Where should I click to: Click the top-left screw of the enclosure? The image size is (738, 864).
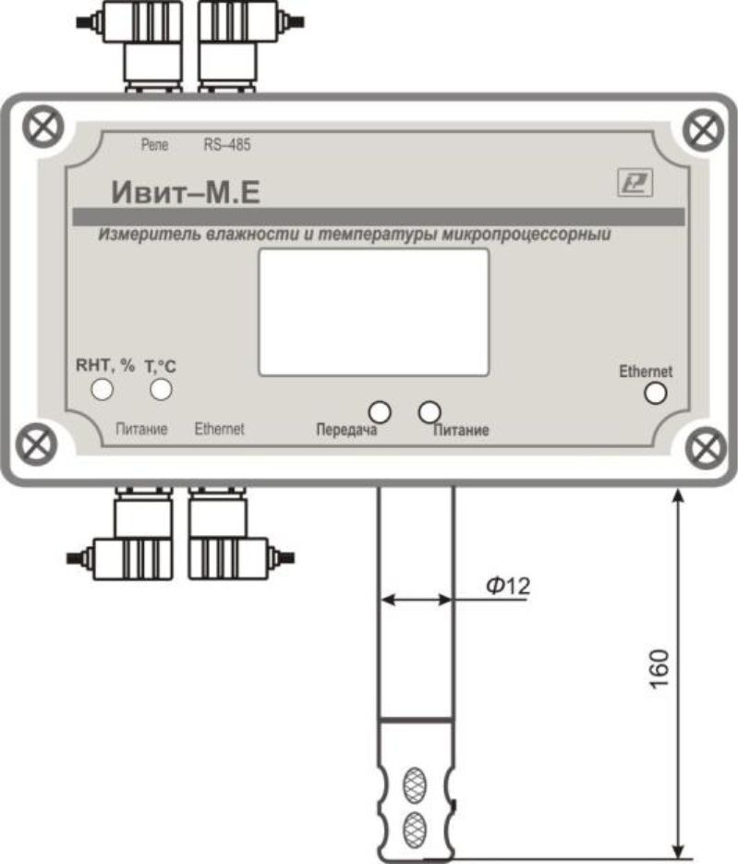click(43, 127)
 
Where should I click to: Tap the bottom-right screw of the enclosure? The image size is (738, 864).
click(708, 447)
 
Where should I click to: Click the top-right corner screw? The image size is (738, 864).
click(703, 130)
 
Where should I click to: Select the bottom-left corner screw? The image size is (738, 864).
click(36, 444)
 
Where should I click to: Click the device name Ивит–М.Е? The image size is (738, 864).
click(186, 192)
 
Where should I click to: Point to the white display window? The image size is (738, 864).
click(374, 312)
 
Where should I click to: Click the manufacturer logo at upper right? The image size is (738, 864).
click(635, 182)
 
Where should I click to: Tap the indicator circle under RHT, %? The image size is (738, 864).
click(103, 390)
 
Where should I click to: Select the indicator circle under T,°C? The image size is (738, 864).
click(161, 390)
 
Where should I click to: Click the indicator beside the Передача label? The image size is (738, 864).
click(380, 411)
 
